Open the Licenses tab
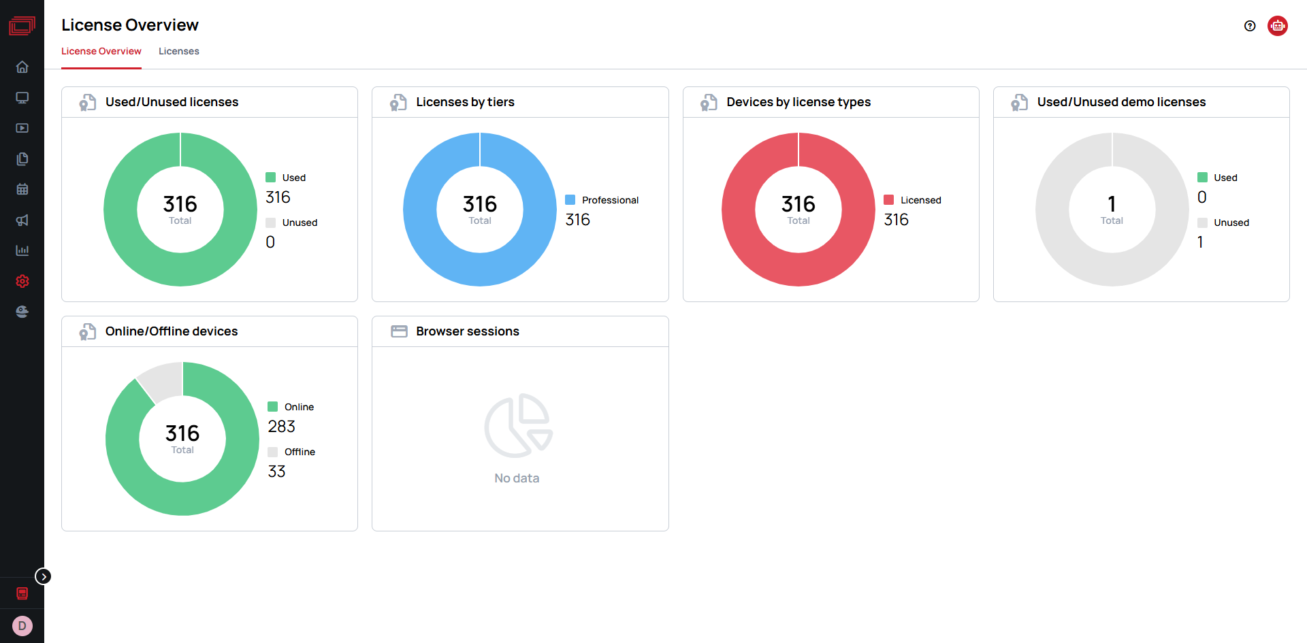point(179,51)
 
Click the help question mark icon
point(1250,26)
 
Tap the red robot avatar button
point(1278,26)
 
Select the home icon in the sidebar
point(22,67)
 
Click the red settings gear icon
point(22,281)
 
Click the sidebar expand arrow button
point(44,576)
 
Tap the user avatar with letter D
point(22,626)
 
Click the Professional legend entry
point(602,200)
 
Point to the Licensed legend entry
point(912,200)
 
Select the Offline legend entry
point(291,452)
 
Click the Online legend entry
point(291,407)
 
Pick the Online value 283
point(281,427)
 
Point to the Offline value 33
point(276,472)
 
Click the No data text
point(517,478)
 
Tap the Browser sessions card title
point(468,331)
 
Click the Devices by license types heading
point(798,102)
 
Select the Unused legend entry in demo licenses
point(1223,222)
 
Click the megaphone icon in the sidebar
point(22,220)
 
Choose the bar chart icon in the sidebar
point(22,250)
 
